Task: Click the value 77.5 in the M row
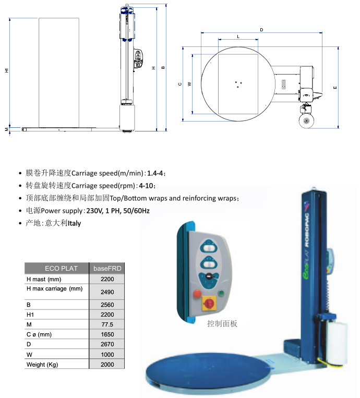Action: [107, 324]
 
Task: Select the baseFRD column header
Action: [107, 268]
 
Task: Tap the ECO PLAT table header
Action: [61, 268]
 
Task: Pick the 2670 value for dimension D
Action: [107, 344]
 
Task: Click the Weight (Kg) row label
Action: [42, 365]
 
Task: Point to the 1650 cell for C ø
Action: [107, 334]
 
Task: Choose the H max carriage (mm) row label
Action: [55, 288]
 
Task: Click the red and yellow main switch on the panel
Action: [209, 303]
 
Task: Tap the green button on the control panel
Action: [221, 294]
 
